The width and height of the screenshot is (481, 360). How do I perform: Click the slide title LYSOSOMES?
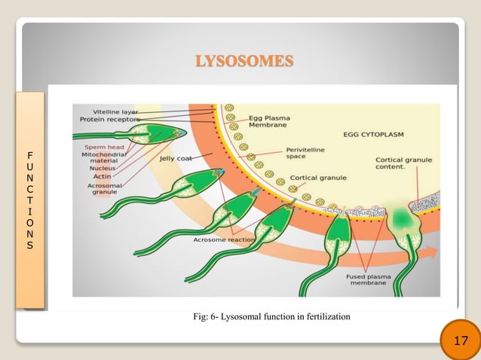pyautogui.click(x=244, y=61)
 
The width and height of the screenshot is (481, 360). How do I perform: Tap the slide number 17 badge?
pyautogui.click(x=460, y=342)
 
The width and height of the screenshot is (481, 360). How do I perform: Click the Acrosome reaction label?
pyautogui.click(x=223, y=240)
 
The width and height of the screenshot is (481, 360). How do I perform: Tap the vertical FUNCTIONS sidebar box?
pyautogui.click(x=29, y=199)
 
